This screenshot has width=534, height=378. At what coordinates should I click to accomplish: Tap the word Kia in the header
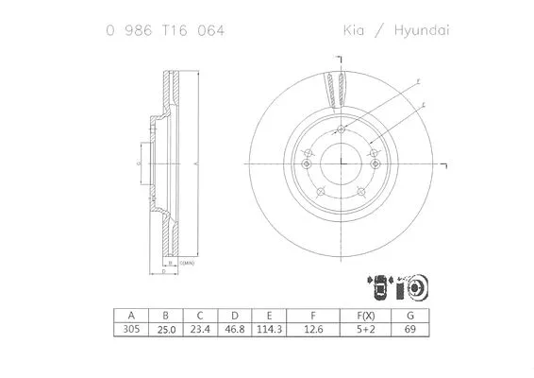click(355, 30)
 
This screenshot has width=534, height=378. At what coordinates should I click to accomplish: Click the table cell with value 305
click(131, 330)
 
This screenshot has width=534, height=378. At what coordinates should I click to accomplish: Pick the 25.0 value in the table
click(166, 330)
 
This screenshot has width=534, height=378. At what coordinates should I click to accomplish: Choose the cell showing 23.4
click(200, 330)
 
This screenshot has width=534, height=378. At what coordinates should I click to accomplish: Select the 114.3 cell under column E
click(270, 330)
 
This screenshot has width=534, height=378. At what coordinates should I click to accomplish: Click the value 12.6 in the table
click(314, 330)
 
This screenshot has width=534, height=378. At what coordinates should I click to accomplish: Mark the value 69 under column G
click(410, 330)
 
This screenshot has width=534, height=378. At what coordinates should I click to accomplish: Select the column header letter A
click(131, 315)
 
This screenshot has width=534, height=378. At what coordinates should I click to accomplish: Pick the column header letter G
click(410, 315)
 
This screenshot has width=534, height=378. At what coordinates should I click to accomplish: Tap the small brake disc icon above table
click(416, 285)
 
